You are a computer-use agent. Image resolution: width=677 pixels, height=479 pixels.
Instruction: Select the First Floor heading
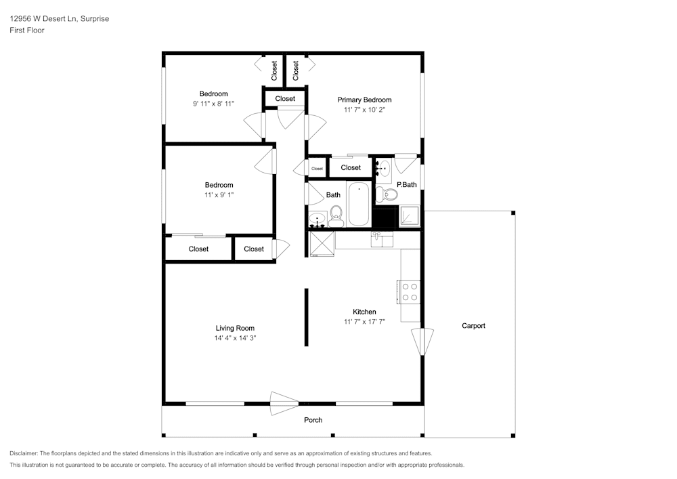tap(27, 30)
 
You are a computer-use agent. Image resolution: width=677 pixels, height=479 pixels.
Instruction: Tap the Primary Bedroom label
tap(364, 100)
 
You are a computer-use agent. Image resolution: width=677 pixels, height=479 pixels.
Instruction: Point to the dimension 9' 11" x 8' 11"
tap(213, 104)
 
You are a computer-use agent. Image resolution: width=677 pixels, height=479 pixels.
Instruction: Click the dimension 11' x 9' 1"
tap(219, 194)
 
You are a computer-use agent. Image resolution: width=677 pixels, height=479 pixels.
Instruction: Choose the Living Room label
tap(235, 328)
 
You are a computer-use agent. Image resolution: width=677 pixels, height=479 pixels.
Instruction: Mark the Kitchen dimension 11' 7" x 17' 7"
tap(364, 322)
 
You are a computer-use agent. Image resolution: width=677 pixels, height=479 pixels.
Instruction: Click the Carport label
tap(473, 326)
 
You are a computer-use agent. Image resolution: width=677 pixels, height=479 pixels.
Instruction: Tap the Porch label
tap(313, 420)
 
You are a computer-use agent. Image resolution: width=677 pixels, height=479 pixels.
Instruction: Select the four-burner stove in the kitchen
tap(410, 291)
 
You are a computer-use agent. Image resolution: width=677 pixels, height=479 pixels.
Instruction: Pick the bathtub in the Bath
tap(358, 204)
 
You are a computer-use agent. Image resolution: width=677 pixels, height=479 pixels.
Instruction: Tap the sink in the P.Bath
tap(383, 167)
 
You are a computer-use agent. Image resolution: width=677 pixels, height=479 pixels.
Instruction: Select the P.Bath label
tap(406, 185)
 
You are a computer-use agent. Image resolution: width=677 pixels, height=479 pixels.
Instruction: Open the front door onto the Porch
tap(284, 404)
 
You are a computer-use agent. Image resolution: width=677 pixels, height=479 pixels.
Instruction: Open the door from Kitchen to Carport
tap(422, 341)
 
